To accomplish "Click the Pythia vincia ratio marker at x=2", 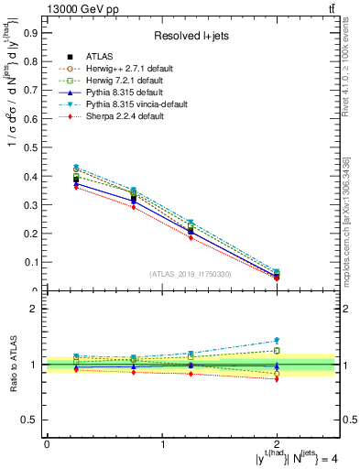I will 277,341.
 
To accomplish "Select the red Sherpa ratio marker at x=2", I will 277,378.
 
